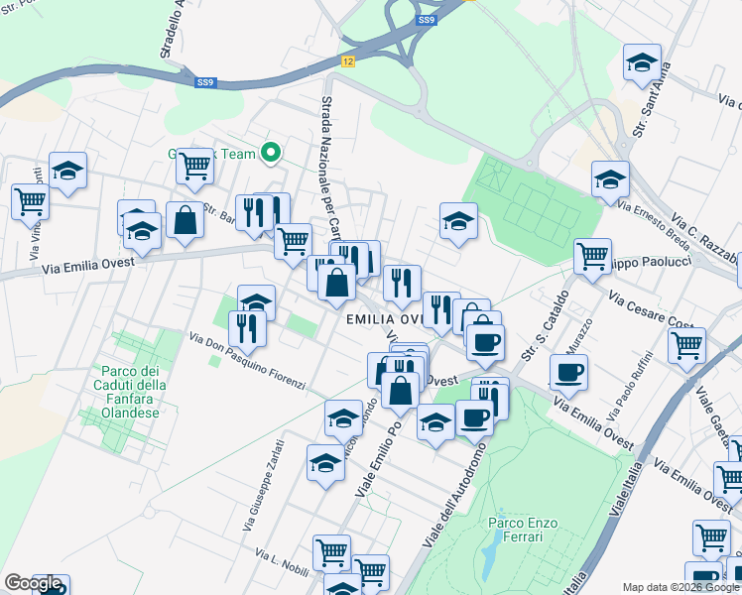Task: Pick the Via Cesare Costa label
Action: click(x=650, y=311)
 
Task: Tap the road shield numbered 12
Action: click(x=346, y=61)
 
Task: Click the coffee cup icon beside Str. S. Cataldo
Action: click(x=568, y=373)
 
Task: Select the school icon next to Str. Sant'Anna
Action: click(x=642, y=62)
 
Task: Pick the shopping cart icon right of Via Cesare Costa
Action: click(x=686, y=345)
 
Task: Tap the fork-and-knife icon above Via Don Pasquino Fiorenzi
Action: click(x=247, y=328)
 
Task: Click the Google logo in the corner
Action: click(x=33, y=584)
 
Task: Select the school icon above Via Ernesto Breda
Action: click(x=610, y=179)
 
